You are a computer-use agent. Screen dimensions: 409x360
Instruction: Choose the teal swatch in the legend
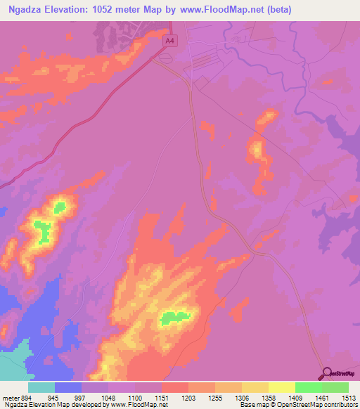(x=41, y=387)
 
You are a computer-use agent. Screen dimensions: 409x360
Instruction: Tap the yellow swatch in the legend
(x=281, y=387)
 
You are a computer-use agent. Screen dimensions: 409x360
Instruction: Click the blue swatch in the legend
(x=68, y=387)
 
